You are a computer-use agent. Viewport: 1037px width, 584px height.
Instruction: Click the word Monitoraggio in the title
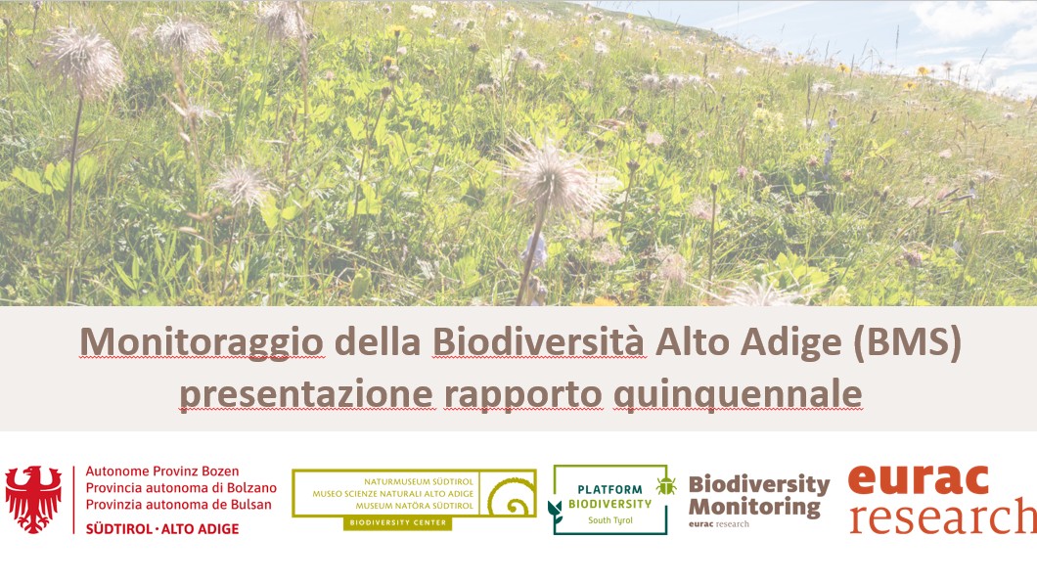[x=202, y=343]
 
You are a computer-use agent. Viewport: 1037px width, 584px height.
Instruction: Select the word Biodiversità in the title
[x=538, y=342]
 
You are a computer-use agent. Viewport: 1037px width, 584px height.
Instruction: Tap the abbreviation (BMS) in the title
[x=907, y=343]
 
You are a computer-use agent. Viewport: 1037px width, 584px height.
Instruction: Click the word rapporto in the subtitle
[x=523, y=395]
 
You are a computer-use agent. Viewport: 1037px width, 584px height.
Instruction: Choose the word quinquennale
[x=738, y=395]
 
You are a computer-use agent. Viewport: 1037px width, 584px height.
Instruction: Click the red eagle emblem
[x=33, y=499]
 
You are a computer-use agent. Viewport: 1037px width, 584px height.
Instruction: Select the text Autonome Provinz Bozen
[x=162, y=472]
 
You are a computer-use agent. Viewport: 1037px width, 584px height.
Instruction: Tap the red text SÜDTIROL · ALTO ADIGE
[x=162, y=529]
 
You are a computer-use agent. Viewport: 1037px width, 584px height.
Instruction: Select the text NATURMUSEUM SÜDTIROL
[x=419, y=482]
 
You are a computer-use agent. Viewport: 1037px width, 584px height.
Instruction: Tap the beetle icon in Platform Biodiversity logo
[x=666, y=486]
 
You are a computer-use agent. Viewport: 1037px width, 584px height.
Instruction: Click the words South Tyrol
[x=610, y=520]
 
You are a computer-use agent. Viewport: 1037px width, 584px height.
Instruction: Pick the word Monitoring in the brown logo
[x=754, y=508]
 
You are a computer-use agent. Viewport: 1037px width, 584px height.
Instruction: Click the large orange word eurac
[x=919, y=479]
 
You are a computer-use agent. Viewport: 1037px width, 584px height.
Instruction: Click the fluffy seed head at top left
[x=85, y=62]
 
